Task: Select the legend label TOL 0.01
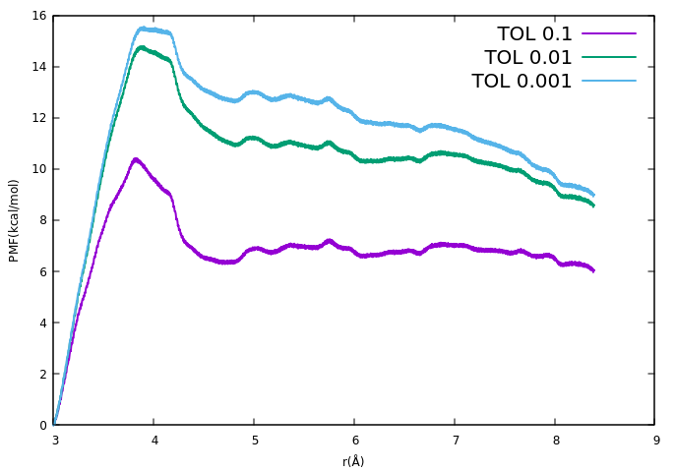[x=528, y=58]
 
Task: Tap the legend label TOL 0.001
[x=522, y=82]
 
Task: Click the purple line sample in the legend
[x=609, y=34]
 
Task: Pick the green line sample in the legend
[x=609, y=58]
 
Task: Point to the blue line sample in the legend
[x=609, y=82]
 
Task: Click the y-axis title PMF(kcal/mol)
[x=14, y=220]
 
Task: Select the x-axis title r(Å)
[x=353, y=461]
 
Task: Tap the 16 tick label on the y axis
[x=38, y=16]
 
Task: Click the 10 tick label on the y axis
[x=38, y=169]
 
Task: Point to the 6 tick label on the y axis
[x=42, y=271]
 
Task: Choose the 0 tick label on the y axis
[x=42, y=425]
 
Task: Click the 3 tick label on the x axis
[x=55, y=440]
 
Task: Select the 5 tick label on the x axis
[x=255, y=440]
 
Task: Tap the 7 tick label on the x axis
[x=456, y=440]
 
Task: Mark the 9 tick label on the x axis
[x=655, y=440]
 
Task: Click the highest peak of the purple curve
[x=136, y=159]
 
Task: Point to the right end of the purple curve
[x=593, y=270]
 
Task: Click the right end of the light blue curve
[x=593, y=195]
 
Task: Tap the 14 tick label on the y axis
[x=38, y=67]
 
